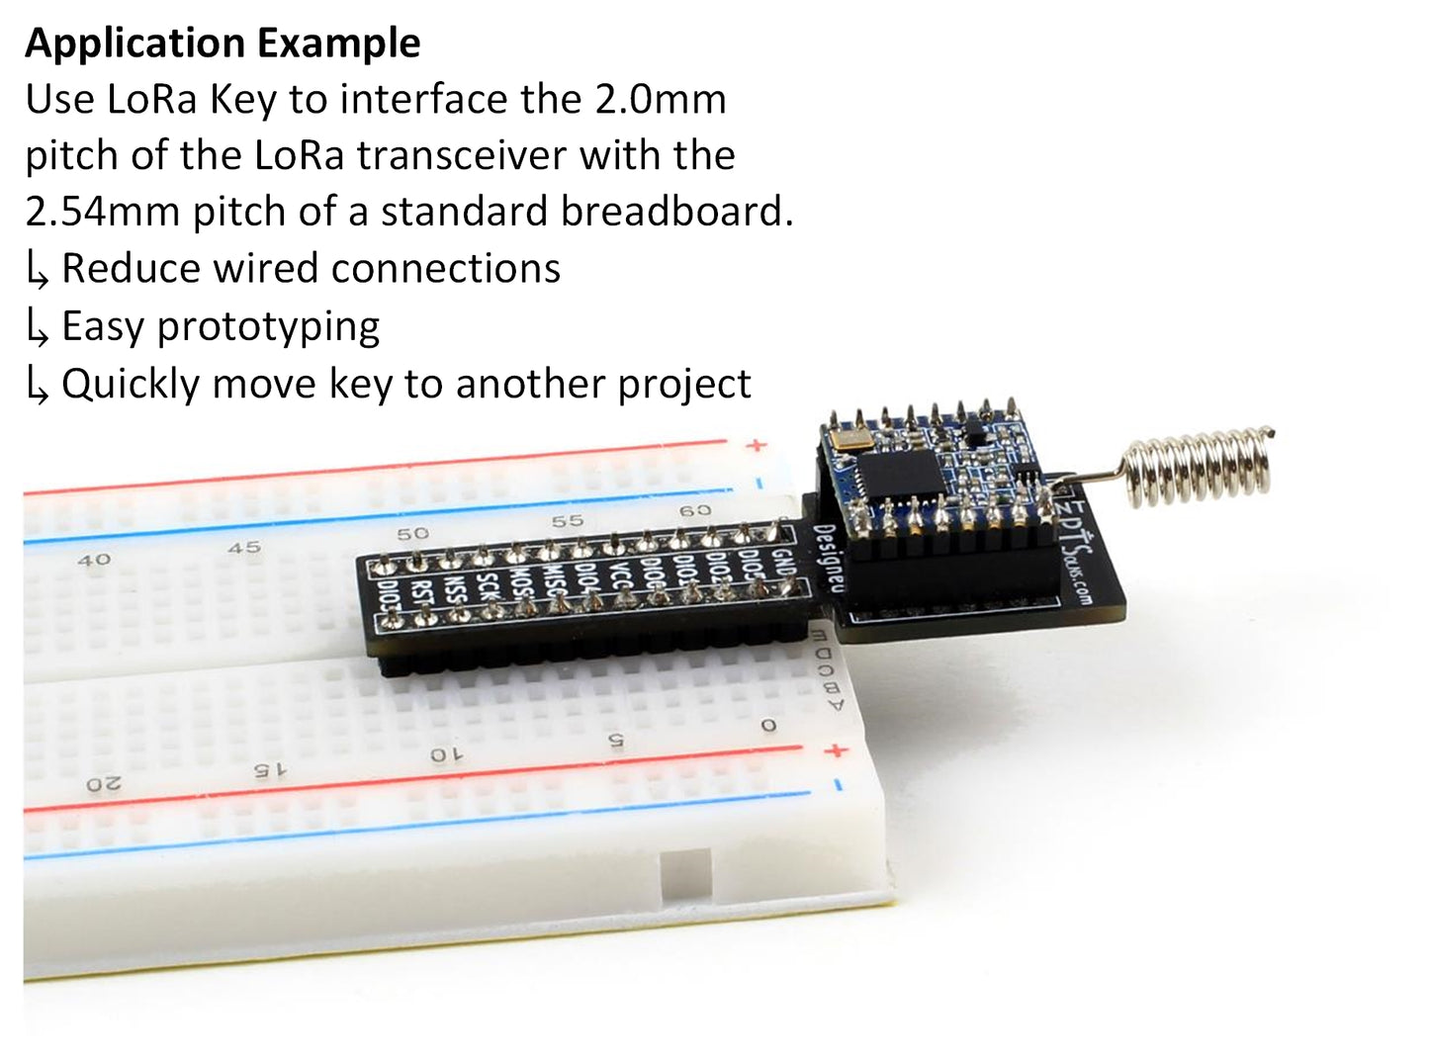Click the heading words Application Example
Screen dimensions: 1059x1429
tap(223, 43)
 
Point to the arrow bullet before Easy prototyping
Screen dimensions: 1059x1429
tap(38, 328)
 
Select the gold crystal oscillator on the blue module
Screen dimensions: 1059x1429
tap(848, 438)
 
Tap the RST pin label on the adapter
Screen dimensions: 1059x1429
tap(423, 593)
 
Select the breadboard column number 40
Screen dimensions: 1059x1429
tap(93, 560)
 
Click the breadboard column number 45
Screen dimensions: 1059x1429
tap(244, 547)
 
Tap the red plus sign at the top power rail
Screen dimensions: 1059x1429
tap(757, 445)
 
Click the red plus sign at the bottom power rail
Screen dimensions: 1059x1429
tap(837, 750)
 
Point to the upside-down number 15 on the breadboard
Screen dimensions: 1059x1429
tap(268, 769)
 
